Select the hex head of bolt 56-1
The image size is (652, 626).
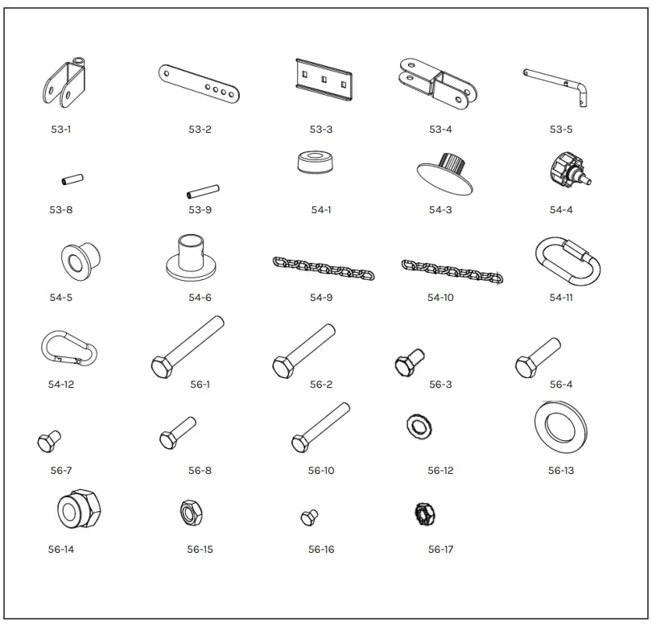[x=159, y=365]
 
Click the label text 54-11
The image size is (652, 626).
[x=561, y=298]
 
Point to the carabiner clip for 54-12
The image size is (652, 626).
[x=68, y=348]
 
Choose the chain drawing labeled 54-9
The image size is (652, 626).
[x=320, y=268]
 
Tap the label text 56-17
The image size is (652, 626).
[x=440, y=550]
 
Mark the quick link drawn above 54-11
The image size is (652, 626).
[x=568, y=260]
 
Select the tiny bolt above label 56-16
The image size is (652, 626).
[x=309, y=517]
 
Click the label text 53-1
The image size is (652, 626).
[x=60, y=130]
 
